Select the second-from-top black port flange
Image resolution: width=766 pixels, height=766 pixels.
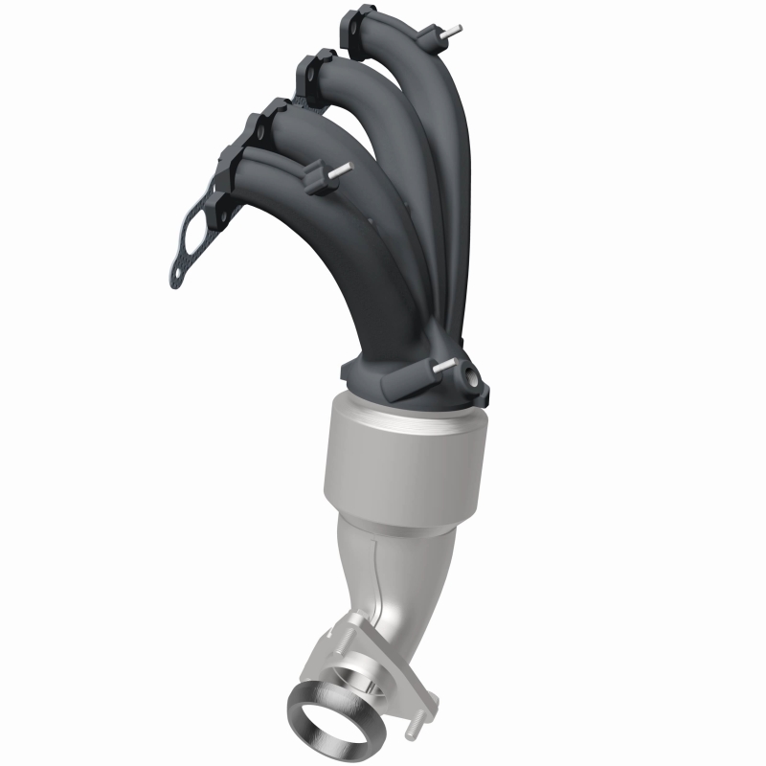click(311, 71)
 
